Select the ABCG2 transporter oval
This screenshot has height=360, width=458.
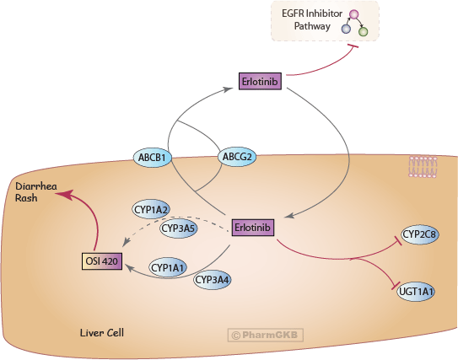238,156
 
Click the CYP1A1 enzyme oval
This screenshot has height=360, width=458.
169,267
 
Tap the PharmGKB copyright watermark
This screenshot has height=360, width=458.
266,335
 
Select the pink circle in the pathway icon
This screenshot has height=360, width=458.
355,14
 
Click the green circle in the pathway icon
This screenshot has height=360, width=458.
364,32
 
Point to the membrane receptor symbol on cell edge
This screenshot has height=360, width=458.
423,167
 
